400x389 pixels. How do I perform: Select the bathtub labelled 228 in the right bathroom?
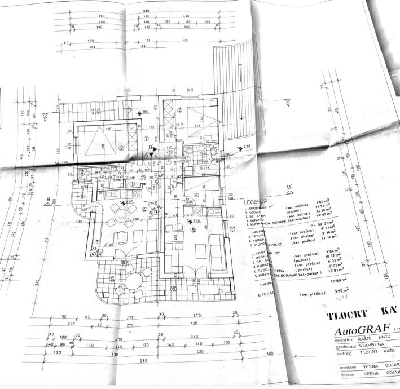point(205,168)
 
